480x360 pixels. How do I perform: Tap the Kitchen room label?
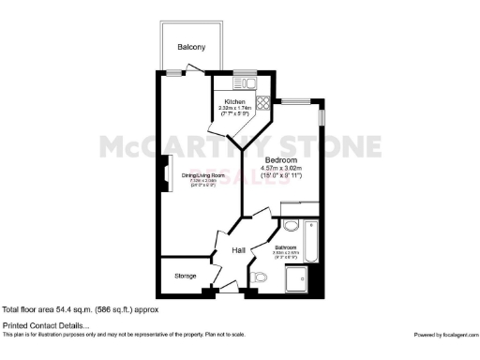pyautogui.click(x=234, y=101)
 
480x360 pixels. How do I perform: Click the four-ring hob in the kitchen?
pyautogui.click(x=263, y=102)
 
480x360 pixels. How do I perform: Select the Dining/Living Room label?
pyautogui.click(x=203, y=175)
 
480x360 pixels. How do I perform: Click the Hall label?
pyautogui.click(x=239, y=250)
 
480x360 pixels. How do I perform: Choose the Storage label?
pyautogui.click(x=185, y=276)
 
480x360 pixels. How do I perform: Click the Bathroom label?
pyautogui.click(x=286, y=247)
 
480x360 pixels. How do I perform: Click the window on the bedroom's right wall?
pyautogui.click(x=322, y=112)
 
